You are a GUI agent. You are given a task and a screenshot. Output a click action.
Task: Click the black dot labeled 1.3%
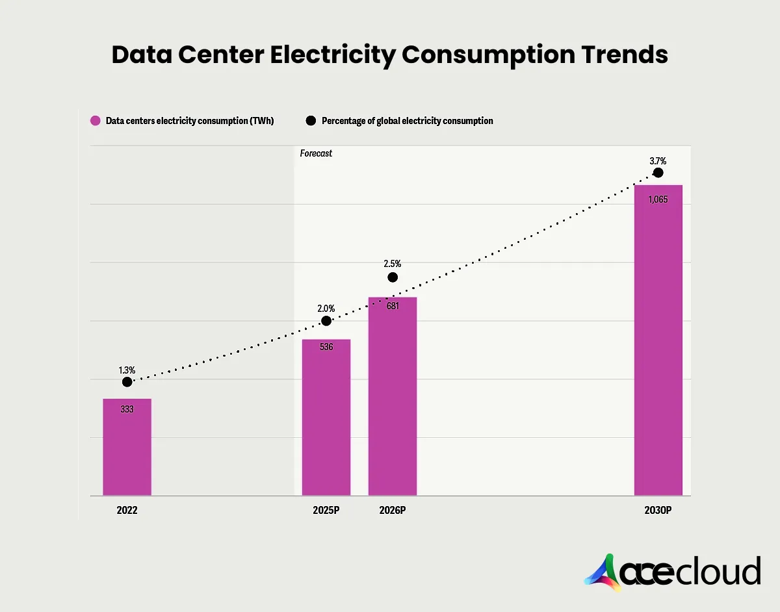(127, 382)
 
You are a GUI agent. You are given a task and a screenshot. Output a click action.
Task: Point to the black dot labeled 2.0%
(326, 320)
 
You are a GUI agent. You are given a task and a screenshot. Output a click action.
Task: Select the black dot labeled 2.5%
(393, 277)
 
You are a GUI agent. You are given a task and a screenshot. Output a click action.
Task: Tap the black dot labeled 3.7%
(658, 173)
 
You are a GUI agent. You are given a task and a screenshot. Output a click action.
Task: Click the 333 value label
(127, 409)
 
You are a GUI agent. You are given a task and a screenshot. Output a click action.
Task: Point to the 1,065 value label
(658, 199)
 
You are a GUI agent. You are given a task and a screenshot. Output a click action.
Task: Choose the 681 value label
(393, 306)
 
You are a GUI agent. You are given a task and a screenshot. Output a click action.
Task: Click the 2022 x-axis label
(127, 511)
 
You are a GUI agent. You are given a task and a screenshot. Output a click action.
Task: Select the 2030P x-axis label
(658, 511)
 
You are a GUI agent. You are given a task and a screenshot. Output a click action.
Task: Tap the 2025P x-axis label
(326, 511)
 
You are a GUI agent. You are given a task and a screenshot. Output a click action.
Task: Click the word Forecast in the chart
(316, 153)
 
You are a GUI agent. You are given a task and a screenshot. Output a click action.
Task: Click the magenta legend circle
(96, 121)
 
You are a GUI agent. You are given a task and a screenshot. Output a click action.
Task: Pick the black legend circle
(311, 121)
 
